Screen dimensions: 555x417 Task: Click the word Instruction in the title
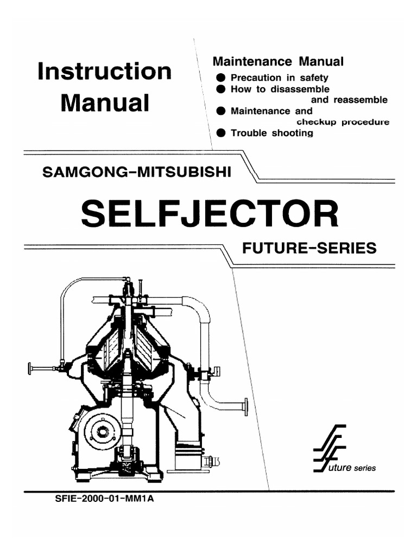pyautogui.click(x=104, y=72)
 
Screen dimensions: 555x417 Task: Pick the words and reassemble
pyautogui.click(x=349, y=100)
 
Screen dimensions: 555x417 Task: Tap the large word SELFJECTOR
pyautogui.click(x=209, y=214)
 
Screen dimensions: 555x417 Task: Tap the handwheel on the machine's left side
pyautogui.click(x=30, y=369)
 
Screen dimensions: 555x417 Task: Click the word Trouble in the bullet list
pyautogui.click(x=248, y=133)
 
